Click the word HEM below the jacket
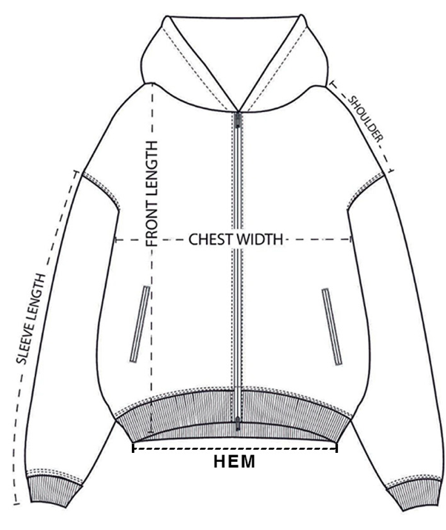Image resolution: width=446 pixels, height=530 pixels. click(x=234, y=462)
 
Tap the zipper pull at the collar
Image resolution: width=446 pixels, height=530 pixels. click(x=238, y=119)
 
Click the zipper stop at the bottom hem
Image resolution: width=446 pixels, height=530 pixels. click(x=238, y=424)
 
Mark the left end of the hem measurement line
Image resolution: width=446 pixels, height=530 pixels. click(x=133, y=447)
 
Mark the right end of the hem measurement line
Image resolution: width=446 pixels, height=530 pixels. click(x=337, y=447)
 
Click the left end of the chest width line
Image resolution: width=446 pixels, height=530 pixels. click(x=114, y=239)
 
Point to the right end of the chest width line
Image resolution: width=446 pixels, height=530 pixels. click(x=352, y=239)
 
